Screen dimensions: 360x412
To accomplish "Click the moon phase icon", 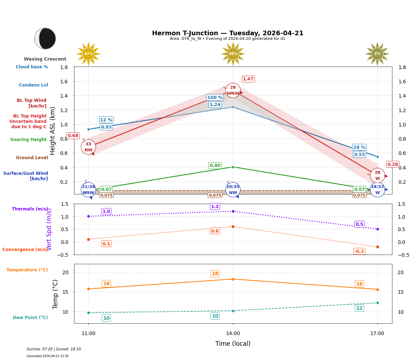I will pyautogui.click(x=45, y=38).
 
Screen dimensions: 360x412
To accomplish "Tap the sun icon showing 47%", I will pyautogui.click(x=88, y=54).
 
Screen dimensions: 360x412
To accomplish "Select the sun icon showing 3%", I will pyautogui.click(x=377, y=54).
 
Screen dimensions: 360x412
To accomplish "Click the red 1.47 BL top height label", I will pyautogui.click(x=248, y=79).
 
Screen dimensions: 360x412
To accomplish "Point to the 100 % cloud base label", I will pyautogui.click(x=215, y=98).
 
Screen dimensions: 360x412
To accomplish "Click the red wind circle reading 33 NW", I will pyautogui.click(x=88, y=147).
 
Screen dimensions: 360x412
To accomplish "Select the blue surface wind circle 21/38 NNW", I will pyautogui.click(x=88, y=189).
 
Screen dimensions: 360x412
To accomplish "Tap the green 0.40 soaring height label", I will pyautogui.click(x=215, y=166).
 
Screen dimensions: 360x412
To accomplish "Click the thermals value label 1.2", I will pyautogui.click(x=215, y=207).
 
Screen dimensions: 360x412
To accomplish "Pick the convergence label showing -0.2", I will pyautogui.click(x=359, y=251).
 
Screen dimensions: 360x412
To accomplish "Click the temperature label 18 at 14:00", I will pyautogui.click(x=215, y=274).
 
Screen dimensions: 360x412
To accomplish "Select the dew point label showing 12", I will pyautogui.click(x=359, y=308).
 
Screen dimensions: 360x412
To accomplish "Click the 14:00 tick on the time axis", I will pyautogui.click(x=233, y=334).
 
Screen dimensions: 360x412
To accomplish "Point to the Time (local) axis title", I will pyautogui.click(x=233, y=344).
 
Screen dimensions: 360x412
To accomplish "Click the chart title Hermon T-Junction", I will pyautogui.click(x=228, y=33).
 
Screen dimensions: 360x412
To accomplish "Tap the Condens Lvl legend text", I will pyautogui.click(x=33, y=85).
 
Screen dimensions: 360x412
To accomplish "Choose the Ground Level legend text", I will pyautogui.click(x=32, y=158).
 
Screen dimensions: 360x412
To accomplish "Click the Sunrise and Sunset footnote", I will pyautogui.click(x=54, y=349).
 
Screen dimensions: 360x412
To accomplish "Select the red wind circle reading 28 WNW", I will pyautogui.click(x=233, y=90).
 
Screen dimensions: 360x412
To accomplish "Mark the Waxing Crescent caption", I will pyautogui.click(x=45, y=59).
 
